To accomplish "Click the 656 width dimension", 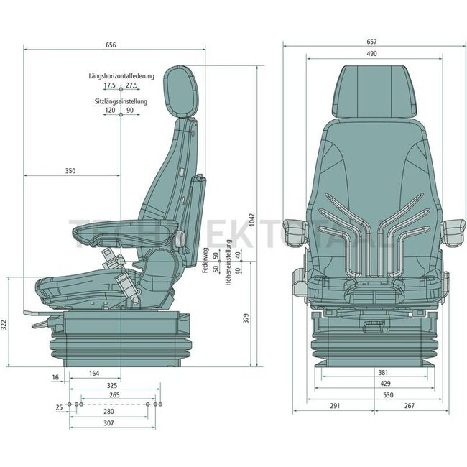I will click(111, 45).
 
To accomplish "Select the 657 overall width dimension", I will click(371, 42).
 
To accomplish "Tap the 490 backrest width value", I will click(371, 54).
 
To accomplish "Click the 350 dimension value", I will click(70, 171).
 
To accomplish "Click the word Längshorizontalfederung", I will click(121, 75).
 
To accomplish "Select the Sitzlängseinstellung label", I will click(121, 101).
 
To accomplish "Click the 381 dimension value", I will click(383, 373).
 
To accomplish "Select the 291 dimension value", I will click(335, 406).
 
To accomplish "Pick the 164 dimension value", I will click(95, 373).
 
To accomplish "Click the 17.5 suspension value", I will click(108, 85).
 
